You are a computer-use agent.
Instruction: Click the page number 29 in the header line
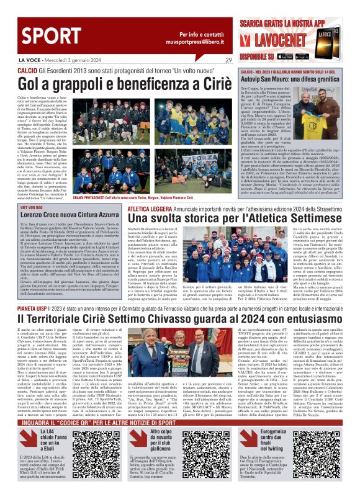coord(228,60)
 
